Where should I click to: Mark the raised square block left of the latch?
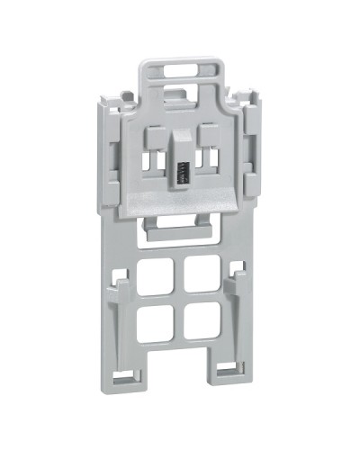[x=154, y=135]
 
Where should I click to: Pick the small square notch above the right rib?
[x=238, y=267]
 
